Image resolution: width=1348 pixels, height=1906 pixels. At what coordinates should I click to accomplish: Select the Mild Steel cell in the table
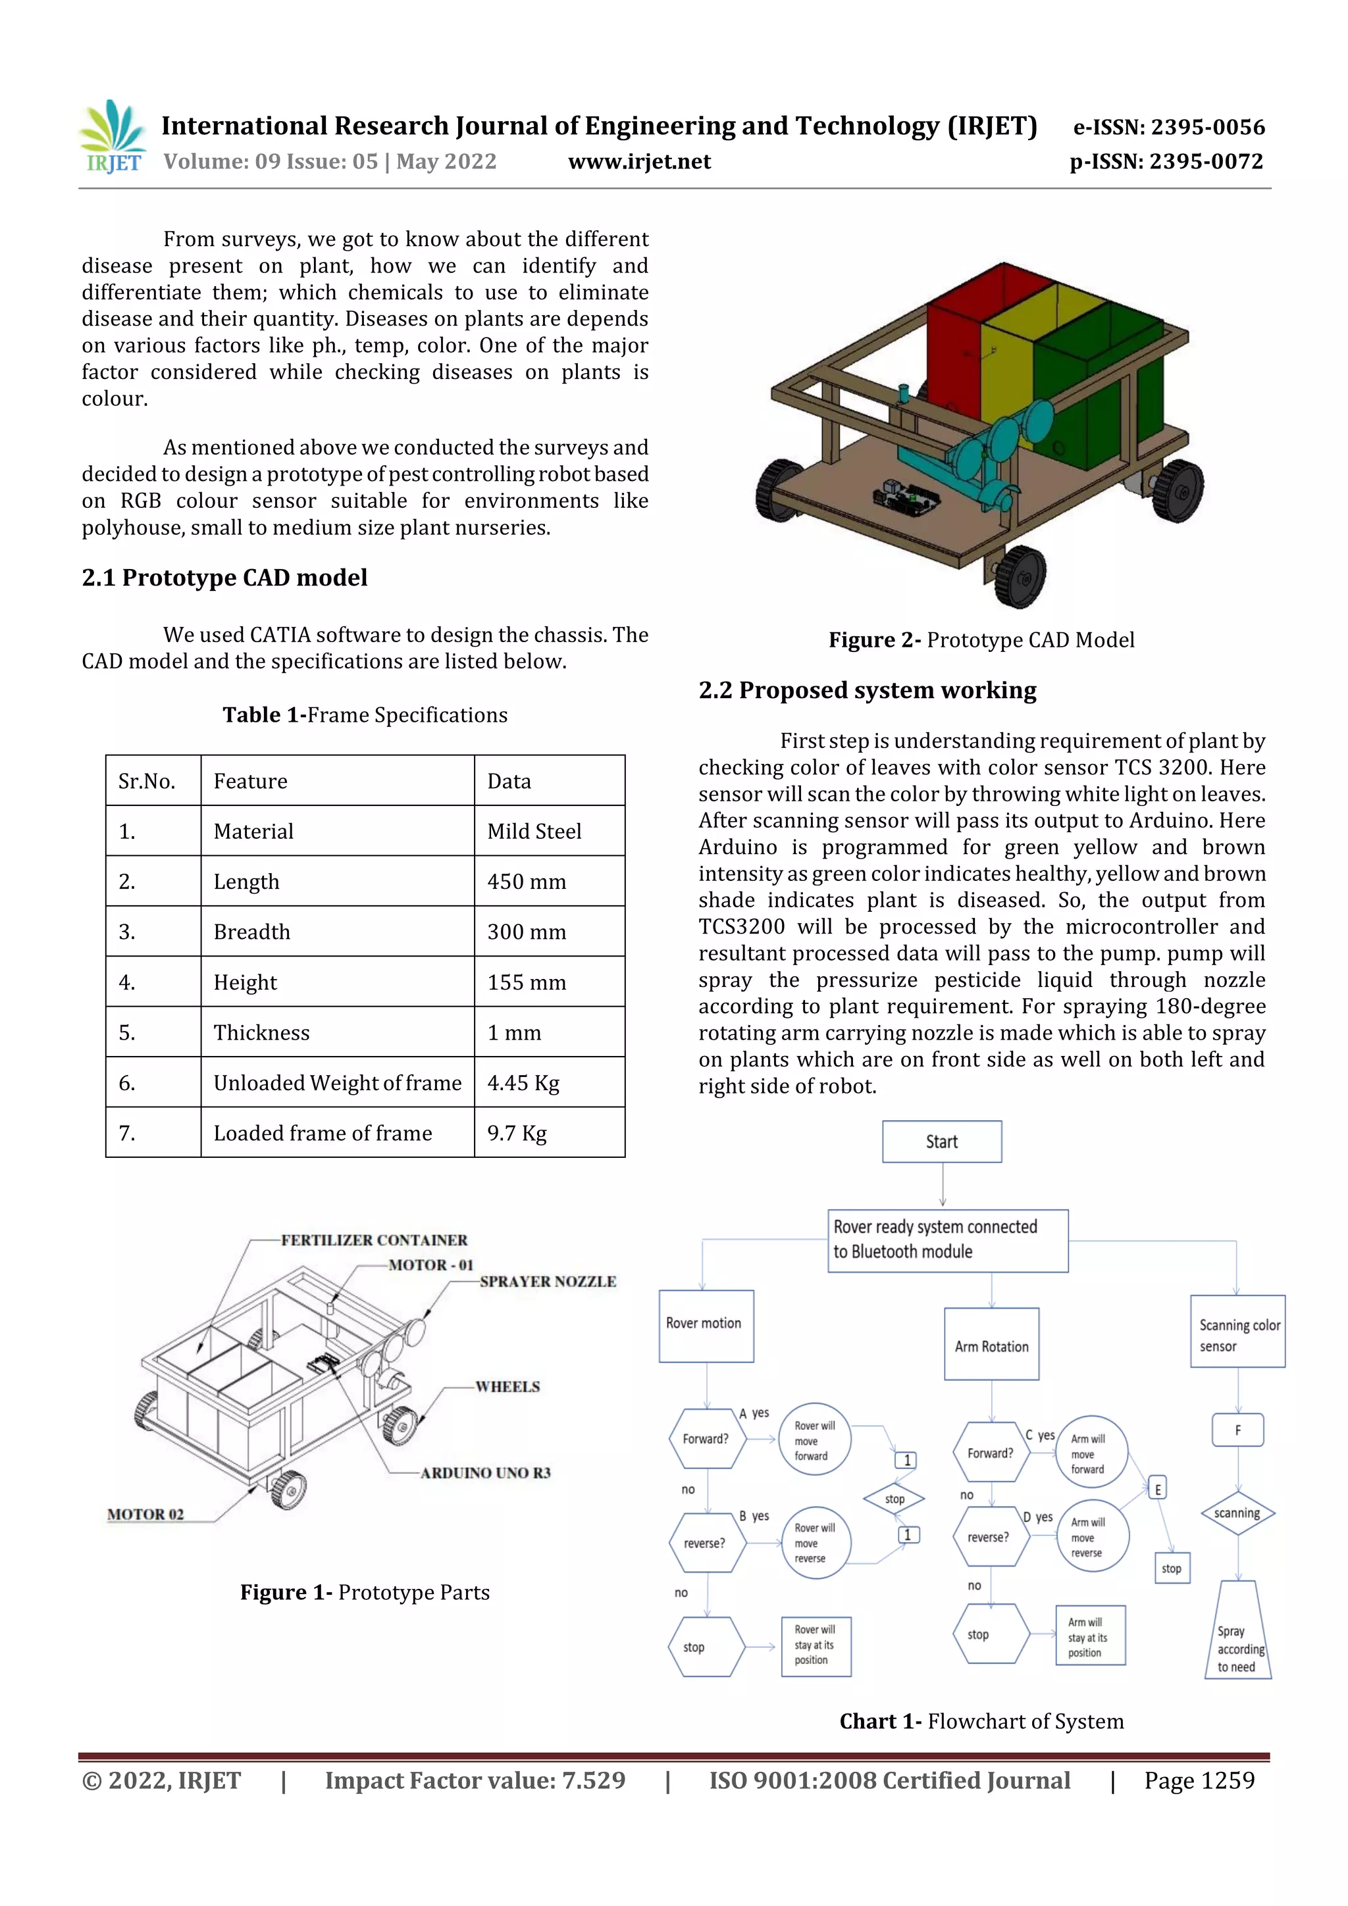[x=534, y=831]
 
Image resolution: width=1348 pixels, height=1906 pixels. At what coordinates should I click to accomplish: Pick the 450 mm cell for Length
[x=527, y=882]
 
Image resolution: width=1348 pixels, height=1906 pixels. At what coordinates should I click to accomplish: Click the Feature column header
[x=250, y=781]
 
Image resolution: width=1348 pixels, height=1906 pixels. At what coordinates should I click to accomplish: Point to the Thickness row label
[x=261, y=1033]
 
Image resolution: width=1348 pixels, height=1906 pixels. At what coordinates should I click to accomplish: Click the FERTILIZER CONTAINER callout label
[x=374, y=1240]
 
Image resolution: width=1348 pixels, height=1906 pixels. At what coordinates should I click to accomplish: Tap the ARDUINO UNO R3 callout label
[x=485, y=1472]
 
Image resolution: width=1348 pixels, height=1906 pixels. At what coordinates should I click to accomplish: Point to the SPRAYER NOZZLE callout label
[x=548, y=1282]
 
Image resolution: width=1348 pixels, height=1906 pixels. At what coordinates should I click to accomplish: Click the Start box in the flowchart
[x=942, y=1141]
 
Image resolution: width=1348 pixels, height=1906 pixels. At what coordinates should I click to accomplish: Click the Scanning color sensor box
[x=1237, y=1335]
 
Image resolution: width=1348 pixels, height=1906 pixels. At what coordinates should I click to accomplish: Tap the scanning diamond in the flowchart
[x=1237, y=1513]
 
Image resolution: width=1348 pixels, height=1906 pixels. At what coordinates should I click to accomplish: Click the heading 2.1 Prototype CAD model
[x=224, y=578]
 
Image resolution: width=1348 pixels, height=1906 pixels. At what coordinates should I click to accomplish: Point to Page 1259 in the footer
[x=1199, y=1780]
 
